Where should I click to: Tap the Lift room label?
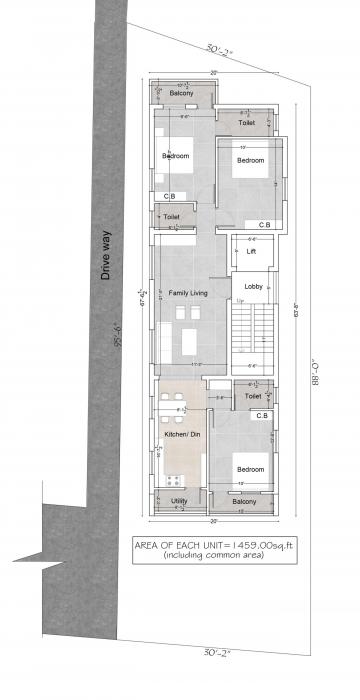coord(251,252)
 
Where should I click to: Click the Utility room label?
coord(179,501)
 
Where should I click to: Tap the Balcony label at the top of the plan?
coord(181,93)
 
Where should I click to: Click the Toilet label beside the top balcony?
coord(247,122)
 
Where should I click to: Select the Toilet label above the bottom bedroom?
coord(253,397)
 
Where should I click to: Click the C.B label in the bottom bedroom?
coord(261,415)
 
